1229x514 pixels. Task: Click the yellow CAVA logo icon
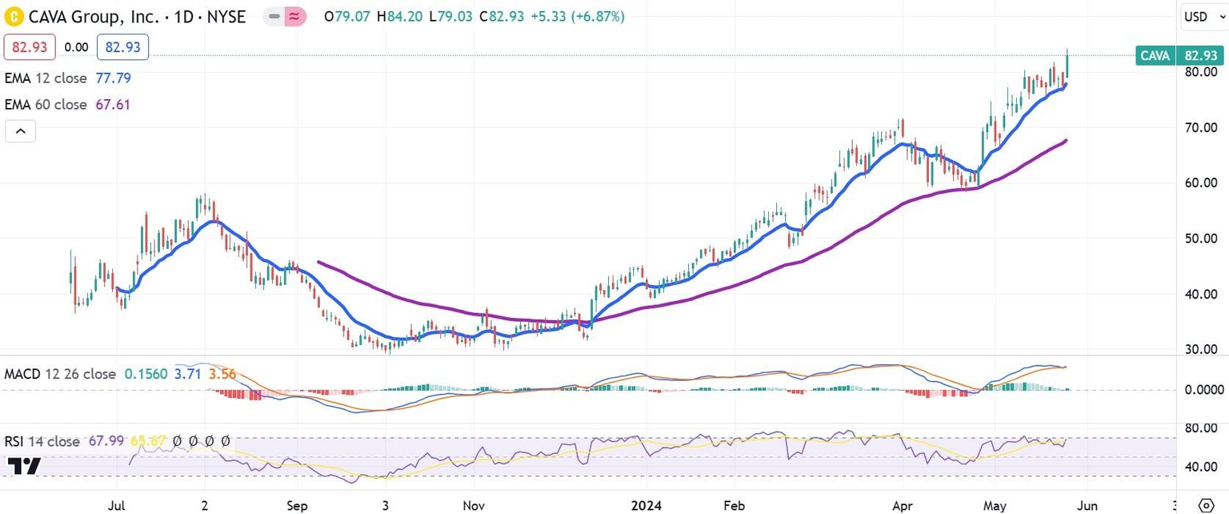click(x=13, y=16)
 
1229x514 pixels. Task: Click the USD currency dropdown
click(x=1201, y=16)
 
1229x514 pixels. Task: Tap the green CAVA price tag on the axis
click(x=1179, y=55)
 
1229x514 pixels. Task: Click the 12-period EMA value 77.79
click(x=114, y=78)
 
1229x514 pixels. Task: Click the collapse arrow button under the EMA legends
click(x=21, y=131)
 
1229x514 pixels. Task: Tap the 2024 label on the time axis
click(x=647, y=505)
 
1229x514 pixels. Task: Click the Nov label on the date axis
click(x=474, y=505)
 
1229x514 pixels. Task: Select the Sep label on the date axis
click(x=297, y=505)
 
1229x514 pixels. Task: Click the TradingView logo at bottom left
click(x=24, y=466)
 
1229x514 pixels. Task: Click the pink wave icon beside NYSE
click(x=297, y=16)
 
